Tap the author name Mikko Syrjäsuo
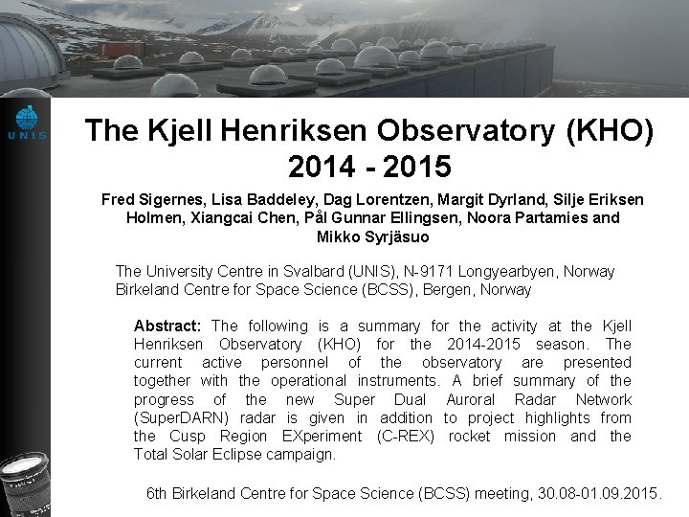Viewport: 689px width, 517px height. tap(372, 236)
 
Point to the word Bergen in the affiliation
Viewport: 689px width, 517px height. tap(440, 289)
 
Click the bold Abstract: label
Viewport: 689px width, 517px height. tap(168, 326)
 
